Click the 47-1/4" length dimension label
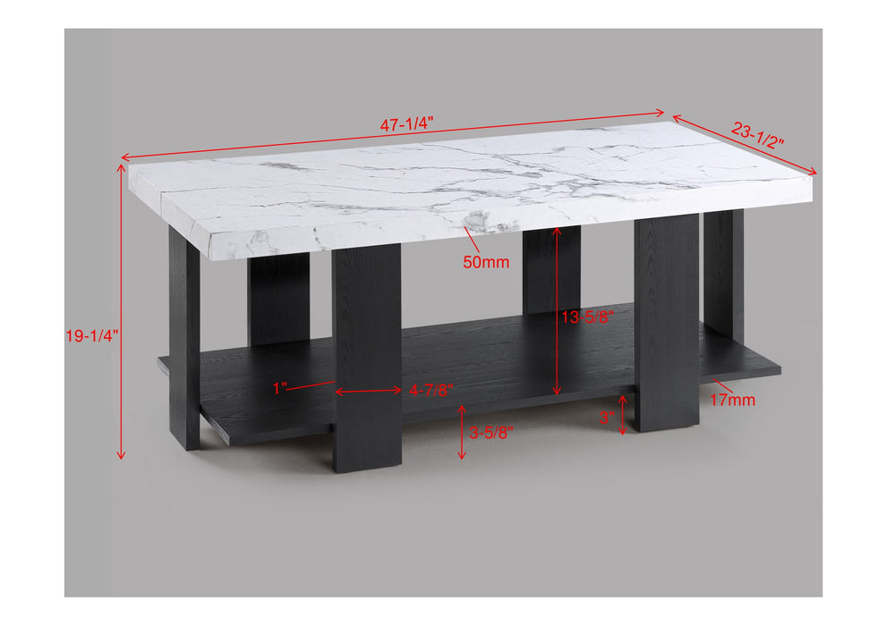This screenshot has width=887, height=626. coord(406,125)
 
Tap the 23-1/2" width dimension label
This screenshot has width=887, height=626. coord(757,134)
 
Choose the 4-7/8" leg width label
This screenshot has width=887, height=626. coord(431,390)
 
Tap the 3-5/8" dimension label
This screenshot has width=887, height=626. coord(491,432)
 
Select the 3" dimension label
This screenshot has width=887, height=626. coord(606,416)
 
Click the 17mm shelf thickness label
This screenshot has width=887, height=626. coord(732,400)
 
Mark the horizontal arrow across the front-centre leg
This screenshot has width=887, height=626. coord(368,390)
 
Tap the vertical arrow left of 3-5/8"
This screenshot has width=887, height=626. coord(462,432)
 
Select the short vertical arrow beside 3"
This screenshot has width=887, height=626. coord(623,415)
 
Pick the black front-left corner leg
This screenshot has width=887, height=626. coord(184,340)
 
